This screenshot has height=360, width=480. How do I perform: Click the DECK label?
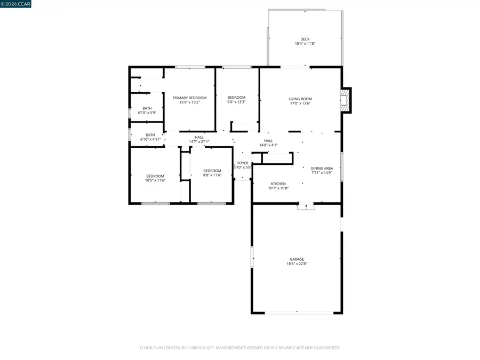click(305, 39)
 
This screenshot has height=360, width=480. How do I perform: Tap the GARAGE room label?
click(297, 259)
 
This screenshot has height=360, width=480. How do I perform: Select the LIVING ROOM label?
click(300, 99)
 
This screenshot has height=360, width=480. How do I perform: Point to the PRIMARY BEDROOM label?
click(189, 98)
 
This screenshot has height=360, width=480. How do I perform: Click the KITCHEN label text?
click(278, 183)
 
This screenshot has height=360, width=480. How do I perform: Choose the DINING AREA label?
click(322, 168)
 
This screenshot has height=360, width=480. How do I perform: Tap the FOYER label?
click(243, 163)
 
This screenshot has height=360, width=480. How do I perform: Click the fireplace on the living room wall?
click(347, 100)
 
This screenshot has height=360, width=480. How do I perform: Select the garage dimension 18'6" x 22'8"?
click(297, 264)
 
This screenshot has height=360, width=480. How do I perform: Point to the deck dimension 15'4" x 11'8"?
click(305, 44)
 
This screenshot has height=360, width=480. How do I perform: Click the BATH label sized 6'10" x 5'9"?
click(147, 108)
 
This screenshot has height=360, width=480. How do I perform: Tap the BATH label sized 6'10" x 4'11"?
click(150, 135)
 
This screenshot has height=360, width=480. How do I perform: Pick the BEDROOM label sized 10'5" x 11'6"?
click(155, 176)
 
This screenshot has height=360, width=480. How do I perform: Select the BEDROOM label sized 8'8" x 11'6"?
click(212, 171)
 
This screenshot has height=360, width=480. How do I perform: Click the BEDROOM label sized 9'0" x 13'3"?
click(236, 97)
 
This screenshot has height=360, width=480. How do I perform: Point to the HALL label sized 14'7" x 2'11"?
click(199, 137)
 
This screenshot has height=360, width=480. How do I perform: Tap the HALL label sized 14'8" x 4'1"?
click(268, 141)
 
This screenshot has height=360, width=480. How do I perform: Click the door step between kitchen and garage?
click(306, 206)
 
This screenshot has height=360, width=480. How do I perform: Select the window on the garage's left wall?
click(252, 257)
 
